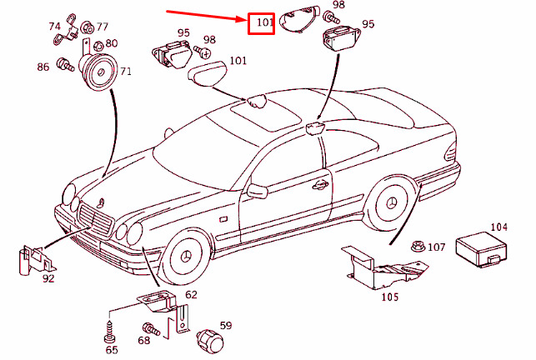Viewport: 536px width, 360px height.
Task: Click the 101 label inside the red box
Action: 263,22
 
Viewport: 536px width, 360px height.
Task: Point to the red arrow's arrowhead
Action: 244,17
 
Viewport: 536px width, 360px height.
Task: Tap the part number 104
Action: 498,227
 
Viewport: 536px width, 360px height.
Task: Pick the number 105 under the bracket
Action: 389,297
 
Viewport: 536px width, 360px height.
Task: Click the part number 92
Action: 48,278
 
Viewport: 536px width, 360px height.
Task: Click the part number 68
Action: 143,340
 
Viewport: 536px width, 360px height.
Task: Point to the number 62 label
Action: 191,294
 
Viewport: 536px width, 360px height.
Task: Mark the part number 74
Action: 54,26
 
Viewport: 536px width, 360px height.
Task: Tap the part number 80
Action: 112,43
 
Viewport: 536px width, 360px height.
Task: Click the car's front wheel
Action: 186,256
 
